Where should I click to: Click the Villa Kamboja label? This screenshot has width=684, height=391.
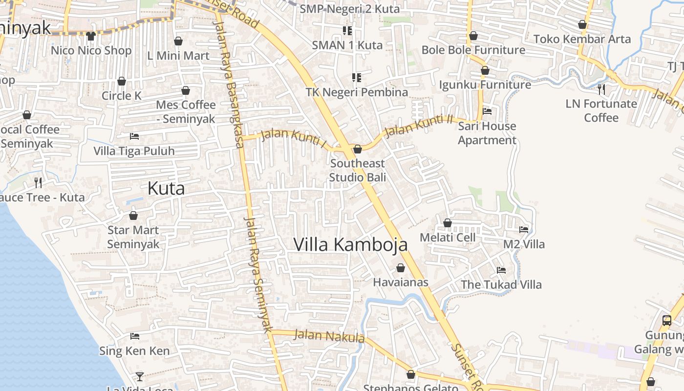pyautogui.click(x=350, y=244)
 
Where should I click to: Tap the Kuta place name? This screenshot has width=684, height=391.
pyautogui.click(x=166, y=188)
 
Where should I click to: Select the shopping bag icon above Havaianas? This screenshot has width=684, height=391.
pyautogui.click(x=401, y=268)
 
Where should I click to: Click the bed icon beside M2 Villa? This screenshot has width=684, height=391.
pyautogui.click(x=524, y=229)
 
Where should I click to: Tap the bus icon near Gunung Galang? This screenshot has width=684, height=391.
pyautogui.click(x=667, y=321)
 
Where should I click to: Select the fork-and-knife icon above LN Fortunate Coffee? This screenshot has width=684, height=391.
pyautogui.click(x=601, y=89)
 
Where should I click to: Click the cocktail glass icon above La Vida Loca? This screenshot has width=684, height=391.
pyautogui.click(x=140, y=376)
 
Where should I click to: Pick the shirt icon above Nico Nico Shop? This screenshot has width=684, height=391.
pyautogui.click(x=91, y=36)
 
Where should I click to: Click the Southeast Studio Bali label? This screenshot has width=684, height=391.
pyautogui.click(x=357, y=170)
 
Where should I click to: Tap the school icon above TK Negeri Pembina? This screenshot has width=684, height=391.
pyautogui.click(x=357, y=77)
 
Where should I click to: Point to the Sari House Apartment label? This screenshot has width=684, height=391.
pyautogui.click(x=487, y=133)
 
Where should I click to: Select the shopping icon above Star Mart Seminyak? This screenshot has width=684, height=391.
pyautogui.click(x=133, y=216)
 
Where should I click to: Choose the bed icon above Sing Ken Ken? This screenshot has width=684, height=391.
pyautogui.click(x=135, y=336)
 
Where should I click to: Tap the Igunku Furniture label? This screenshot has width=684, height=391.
pyautogui.click(x=485, y=85)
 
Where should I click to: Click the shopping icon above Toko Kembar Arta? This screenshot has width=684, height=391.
pyautogui.click(x=582, y=24)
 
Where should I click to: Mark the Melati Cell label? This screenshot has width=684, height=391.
pyautogui.click(x=448, y=238)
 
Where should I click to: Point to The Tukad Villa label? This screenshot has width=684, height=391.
pyautogui.click(x=501, y=284)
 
